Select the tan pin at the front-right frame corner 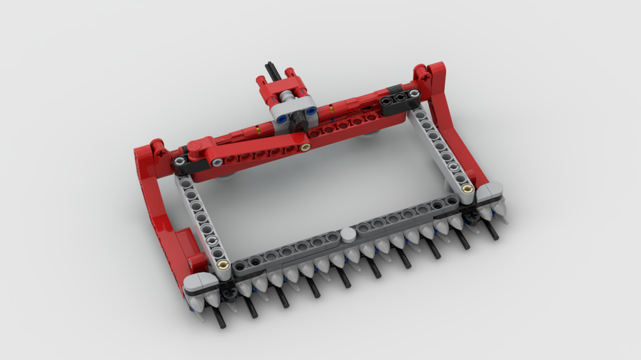click(467, 188)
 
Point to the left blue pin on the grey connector click(282, 101)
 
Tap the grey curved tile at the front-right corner click(490, 190)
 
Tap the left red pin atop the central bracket click(262, 81)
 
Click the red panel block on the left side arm click(186, 247)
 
